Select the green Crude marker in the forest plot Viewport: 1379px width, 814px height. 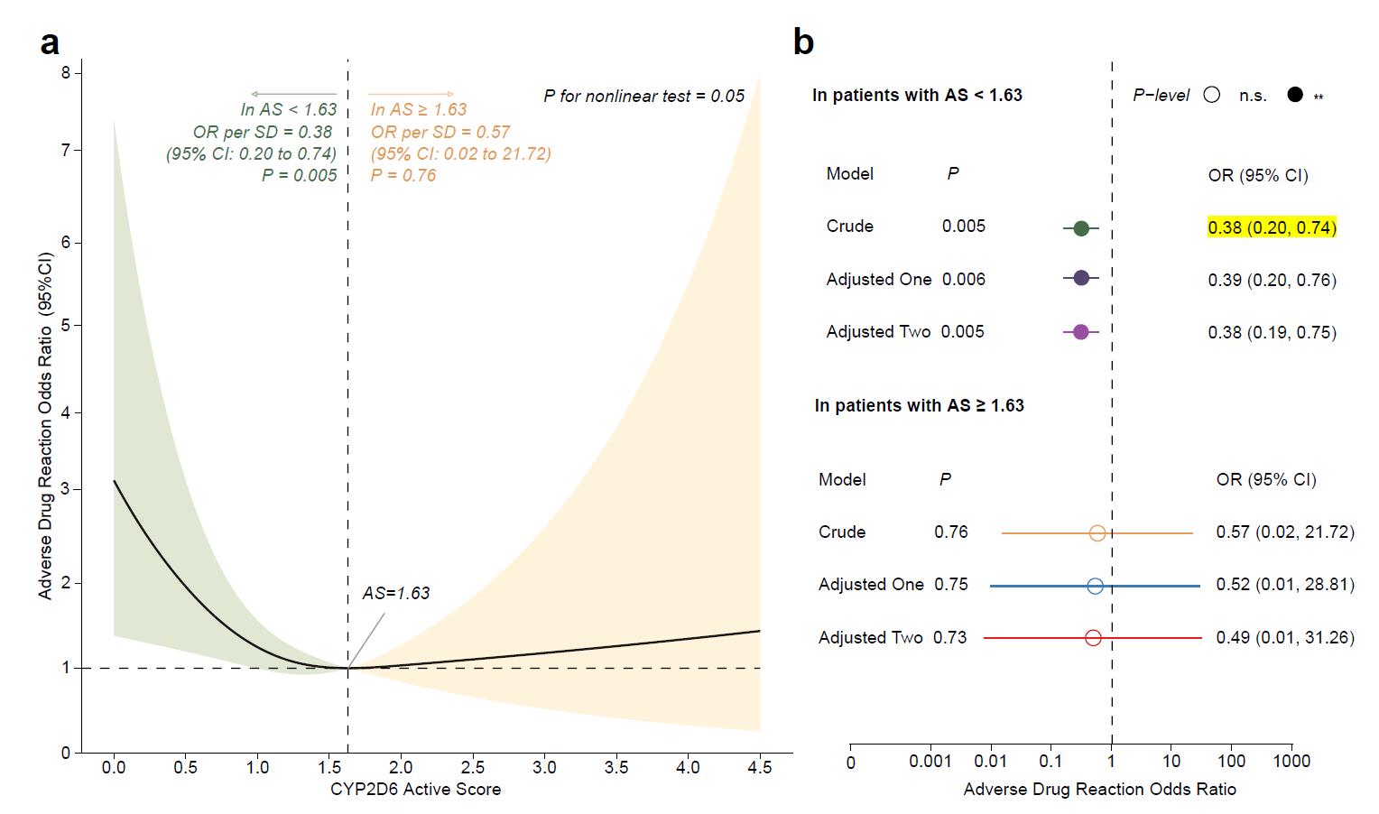click(x=1081, y=228)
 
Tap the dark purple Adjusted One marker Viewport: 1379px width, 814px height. click(x=1081, y=279)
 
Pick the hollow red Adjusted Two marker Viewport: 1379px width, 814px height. click(x=1093, y=638)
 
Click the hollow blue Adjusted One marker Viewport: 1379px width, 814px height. click(x=1095, y=587)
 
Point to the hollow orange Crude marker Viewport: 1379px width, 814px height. click(x=1097, y=533)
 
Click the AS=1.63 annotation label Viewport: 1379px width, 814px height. click(x=396, y=593)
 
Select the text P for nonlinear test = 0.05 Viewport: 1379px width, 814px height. click(x=643, y=96)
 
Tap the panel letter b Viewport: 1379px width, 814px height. click(x=803, y=42)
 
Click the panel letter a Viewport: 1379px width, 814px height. click(x=51, y=42)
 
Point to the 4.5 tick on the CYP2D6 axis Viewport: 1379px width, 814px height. click(x=760, y=767)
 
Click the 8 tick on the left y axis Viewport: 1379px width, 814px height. click(x=66, y=72)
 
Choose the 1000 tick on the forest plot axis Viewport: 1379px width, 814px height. click(x=1291, y=762)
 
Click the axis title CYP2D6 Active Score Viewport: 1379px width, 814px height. click(x=415, y=790)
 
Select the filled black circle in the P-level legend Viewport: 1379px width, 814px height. click(x=1295, y=95)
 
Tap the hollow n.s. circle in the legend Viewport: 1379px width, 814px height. click(x=1212, y=95)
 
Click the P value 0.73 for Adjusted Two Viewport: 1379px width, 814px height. click(x=950, y=637)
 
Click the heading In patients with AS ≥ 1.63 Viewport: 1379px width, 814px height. click(x=919, y=405)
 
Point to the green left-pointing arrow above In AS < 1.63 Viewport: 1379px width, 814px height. click(x=293, y=94)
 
